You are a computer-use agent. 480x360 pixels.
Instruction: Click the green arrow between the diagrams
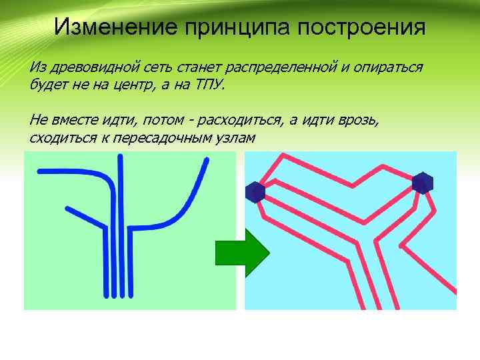tap(241, 253)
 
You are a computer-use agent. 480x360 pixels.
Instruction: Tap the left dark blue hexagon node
tap(255, 192)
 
